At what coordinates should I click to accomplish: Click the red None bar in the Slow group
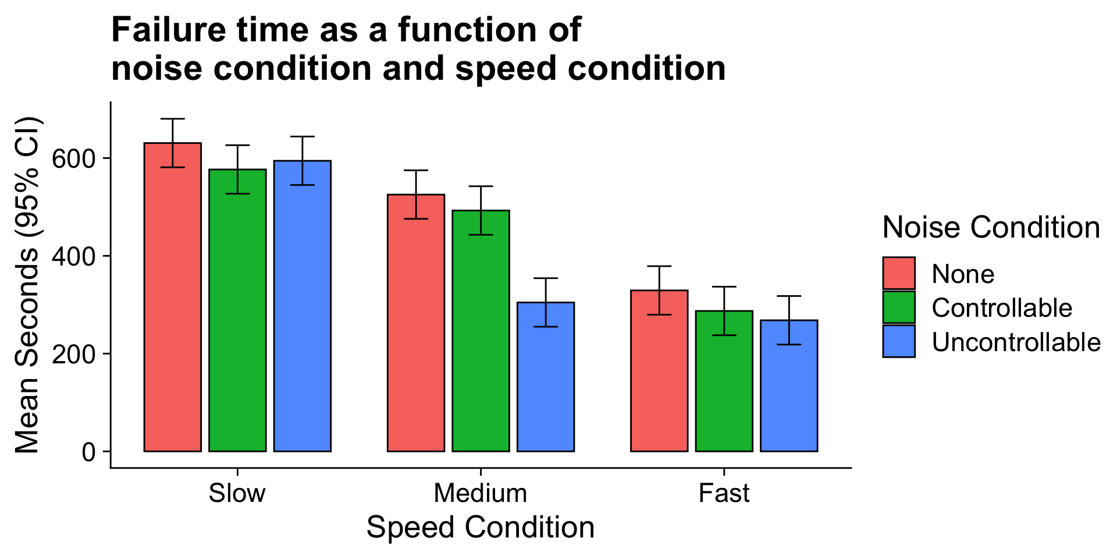coord(173,297)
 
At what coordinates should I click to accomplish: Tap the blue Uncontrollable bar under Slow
coord(303,306)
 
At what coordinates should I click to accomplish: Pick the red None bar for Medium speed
coord(416,323)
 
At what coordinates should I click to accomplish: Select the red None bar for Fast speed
coord(659,370)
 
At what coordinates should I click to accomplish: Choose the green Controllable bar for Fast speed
coord(724,381)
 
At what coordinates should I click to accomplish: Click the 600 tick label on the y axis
coord(73,158)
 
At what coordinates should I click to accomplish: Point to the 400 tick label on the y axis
coord(73,256)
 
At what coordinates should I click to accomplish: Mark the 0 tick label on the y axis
coord(88,452)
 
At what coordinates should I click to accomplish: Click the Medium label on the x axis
coord(481,494)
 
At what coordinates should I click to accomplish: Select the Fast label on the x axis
coord(724,494)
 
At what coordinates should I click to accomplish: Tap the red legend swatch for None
coord(899,273)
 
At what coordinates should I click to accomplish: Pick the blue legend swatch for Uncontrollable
coord(899,341)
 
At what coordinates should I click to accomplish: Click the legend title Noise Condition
coord(991,228)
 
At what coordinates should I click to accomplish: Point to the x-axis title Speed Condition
coord(481,528)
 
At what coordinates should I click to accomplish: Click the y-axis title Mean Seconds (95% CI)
coord(27,285)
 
